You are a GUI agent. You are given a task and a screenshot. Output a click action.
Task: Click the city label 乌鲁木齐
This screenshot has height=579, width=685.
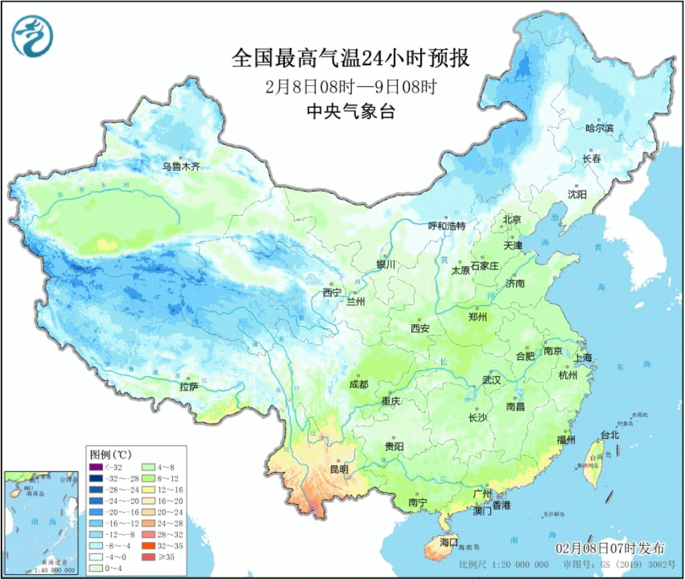click(181, 167)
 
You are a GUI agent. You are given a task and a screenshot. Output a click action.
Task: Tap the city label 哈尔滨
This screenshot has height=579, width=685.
click(599, 128)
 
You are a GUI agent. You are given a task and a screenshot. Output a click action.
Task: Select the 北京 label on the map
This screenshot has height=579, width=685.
click(512, 219)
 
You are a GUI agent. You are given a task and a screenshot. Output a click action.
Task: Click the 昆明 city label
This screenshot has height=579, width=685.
click(338, 470)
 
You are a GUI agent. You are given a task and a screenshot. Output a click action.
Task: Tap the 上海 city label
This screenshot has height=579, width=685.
click(583, 358)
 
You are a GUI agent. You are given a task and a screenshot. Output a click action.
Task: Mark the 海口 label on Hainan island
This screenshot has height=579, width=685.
click(448, 543)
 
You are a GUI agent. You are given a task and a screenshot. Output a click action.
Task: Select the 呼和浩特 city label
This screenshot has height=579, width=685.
click(447, 226)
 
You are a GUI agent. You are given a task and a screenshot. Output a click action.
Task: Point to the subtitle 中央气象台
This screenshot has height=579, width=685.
click(350, 112)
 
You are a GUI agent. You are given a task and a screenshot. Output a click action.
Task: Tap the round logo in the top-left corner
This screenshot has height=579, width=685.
click(32, 35)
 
